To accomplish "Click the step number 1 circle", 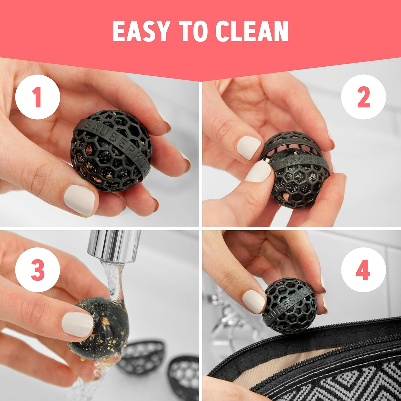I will click(x=37, y=97).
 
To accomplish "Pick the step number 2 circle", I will click(x=363, y=97).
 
